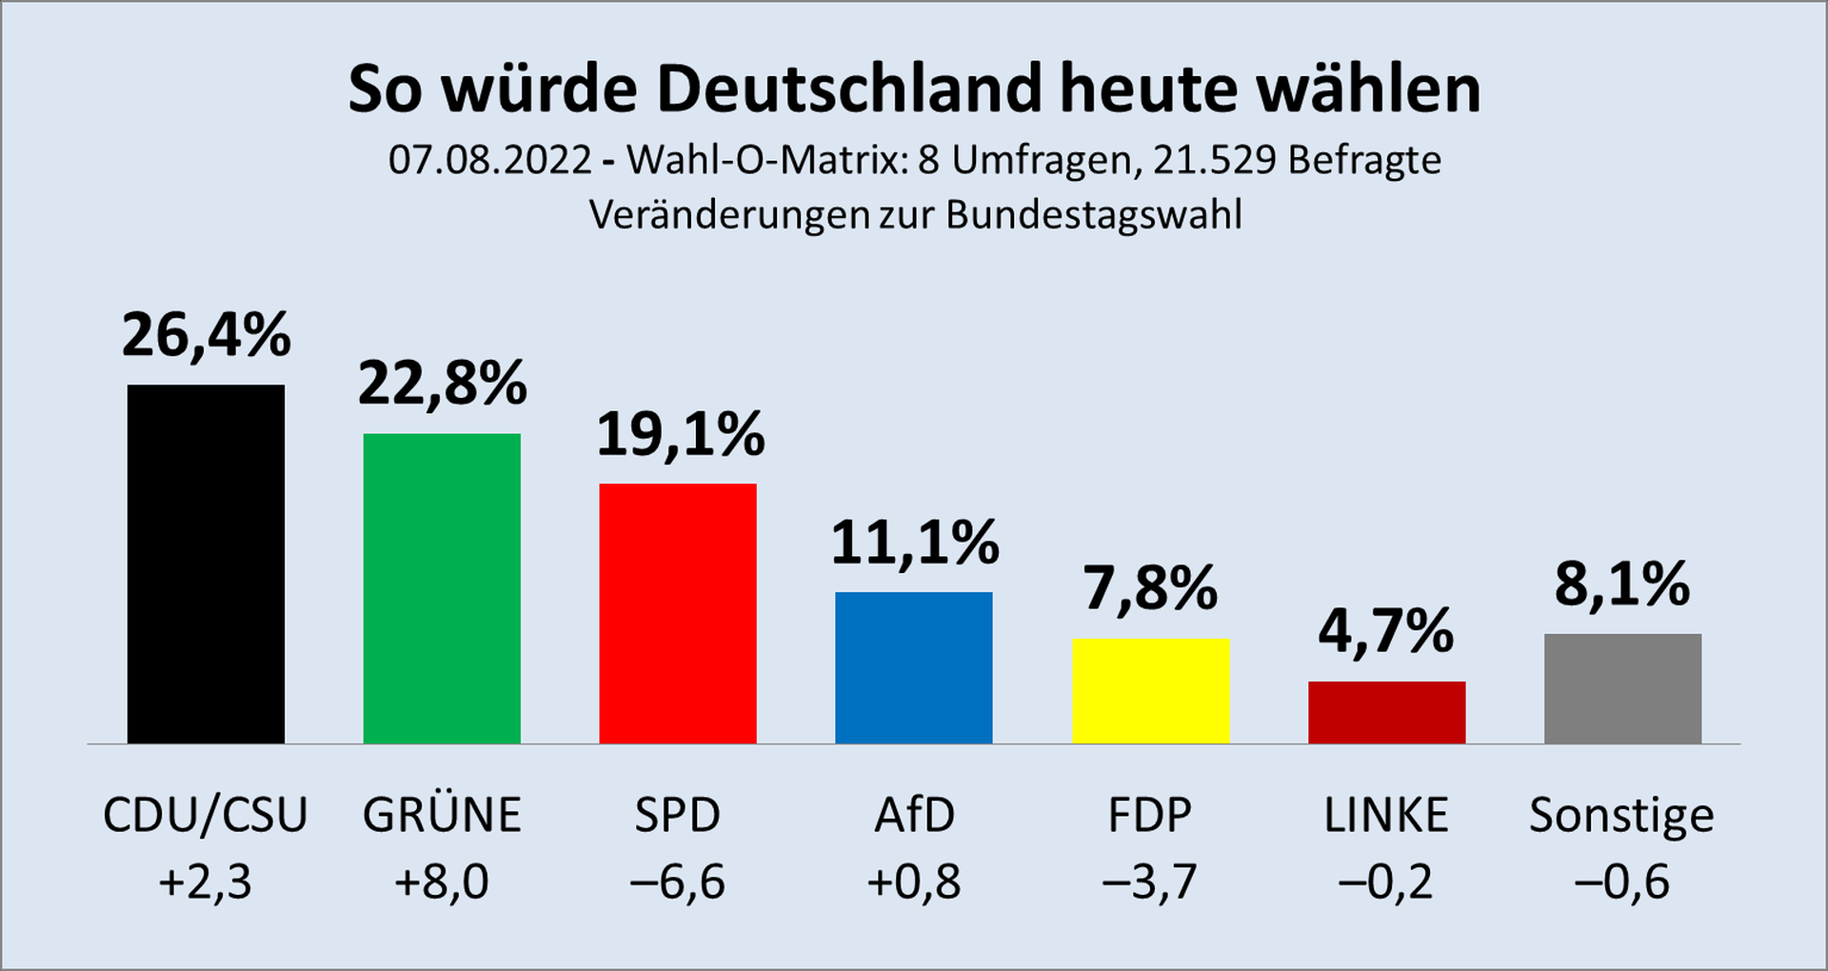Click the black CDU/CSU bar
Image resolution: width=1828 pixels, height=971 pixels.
[x=206, y=564]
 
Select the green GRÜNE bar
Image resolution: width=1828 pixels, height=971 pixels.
[x=442, y=588]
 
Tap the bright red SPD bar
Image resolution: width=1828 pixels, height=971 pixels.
[x=678, y=613]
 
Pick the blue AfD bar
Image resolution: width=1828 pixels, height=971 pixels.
[x=914, y=667]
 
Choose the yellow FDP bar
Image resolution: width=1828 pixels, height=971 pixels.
[x=1150, y=690]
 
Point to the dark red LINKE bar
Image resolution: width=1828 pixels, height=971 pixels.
[x=1386, y=712]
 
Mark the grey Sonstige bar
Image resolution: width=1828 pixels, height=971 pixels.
[x=1622, y=688]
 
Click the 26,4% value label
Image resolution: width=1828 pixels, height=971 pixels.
[x=206, y=336]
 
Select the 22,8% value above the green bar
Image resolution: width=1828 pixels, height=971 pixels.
[x=442, y=384]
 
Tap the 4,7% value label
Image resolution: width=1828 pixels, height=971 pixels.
[x=1386, y=631]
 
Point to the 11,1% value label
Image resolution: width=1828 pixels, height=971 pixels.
[x=914, y=544]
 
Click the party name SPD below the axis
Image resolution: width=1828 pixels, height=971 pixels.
[x=678, y=816]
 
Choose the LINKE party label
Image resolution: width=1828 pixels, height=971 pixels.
[x=1386, y=816]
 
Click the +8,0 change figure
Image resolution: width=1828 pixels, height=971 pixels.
[x=442, y=882]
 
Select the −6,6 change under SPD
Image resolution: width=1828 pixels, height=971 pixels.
[x=678, y=882]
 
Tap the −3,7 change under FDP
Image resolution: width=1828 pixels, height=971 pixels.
[x=1150, y=882]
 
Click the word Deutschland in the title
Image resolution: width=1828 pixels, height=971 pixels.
[x=849, y=89]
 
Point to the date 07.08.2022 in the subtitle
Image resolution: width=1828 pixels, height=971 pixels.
[x=490, y=160]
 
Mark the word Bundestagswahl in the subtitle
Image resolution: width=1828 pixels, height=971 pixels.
[x=1094, y=216]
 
